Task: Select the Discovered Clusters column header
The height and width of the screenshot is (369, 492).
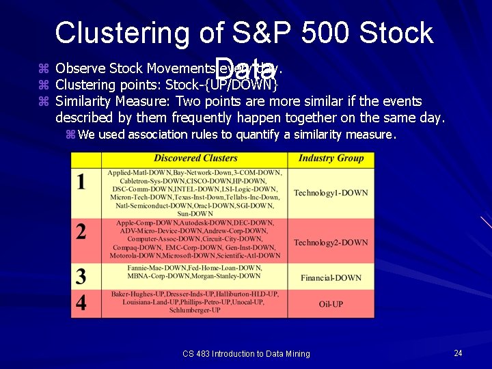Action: click(196, 159)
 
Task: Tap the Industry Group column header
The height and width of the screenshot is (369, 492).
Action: click(331, 159)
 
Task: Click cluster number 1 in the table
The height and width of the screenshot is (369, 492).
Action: click(81, 182)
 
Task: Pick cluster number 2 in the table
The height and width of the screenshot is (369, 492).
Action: click(81, 232)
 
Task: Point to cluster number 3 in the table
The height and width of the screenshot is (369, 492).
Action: click(81, 276)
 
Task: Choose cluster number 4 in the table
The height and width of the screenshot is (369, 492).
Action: click(81, 302)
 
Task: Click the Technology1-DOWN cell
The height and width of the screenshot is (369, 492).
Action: click(331, 193)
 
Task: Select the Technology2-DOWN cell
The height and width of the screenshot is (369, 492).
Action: click(331, 243)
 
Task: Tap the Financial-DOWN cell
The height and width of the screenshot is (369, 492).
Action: click(331, 277)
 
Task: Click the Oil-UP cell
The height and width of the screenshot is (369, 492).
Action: click(331, 303)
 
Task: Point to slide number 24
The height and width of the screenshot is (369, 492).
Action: click(458, 353)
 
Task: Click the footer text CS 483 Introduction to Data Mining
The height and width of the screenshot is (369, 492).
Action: click(246, 353)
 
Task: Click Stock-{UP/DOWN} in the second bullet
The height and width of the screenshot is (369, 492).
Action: click(222, 85)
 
